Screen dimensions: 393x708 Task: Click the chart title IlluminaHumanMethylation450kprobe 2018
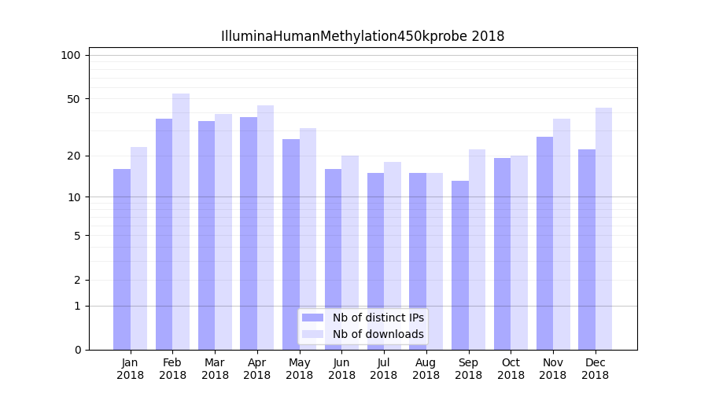point(362,36)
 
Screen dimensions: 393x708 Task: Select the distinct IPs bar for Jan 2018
point(122,259)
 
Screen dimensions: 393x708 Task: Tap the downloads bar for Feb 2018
point(181,222)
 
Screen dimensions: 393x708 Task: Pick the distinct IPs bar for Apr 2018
point(249,233)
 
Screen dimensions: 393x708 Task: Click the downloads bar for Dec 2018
point(603,229)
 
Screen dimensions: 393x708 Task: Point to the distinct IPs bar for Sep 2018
point(460,265)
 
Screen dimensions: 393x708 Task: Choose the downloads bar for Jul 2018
point(393,255)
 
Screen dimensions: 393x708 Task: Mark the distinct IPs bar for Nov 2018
point(544,243)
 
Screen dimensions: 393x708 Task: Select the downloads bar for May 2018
point(308,239)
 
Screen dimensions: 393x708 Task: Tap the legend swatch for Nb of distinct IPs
point(312,318)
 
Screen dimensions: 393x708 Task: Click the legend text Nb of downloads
point(378,334)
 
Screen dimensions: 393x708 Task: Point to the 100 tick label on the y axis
point(71,55)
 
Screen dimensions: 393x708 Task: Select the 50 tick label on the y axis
point(73,99)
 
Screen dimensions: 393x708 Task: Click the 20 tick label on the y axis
point(73,156)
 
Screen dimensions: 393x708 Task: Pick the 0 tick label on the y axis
point(77,350)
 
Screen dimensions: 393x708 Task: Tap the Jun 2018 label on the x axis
point(341,369)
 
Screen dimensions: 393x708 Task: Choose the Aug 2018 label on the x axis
point(426,369)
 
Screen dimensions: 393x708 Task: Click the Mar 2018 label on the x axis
point(215,369)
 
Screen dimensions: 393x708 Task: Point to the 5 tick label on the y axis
point(77,235)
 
